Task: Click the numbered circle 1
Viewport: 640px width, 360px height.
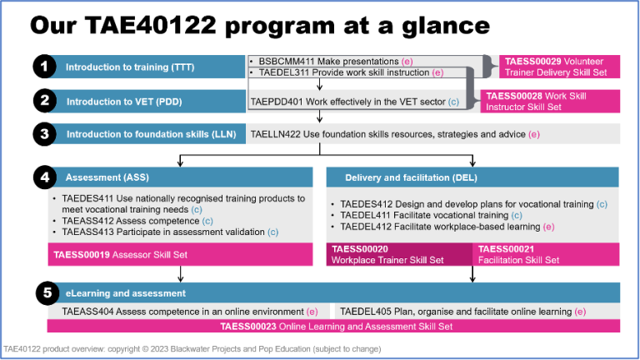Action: [44, 67]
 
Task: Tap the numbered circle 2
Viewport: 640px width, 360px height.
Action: [44, 102]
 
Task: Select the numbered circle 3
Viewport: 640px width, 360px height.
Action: [44, 133]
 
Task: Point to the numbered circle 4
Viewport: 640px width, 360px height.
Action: [44, 177]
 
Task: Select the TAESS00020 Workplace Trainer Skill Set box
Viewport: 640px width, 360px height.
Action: [398, 253]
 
